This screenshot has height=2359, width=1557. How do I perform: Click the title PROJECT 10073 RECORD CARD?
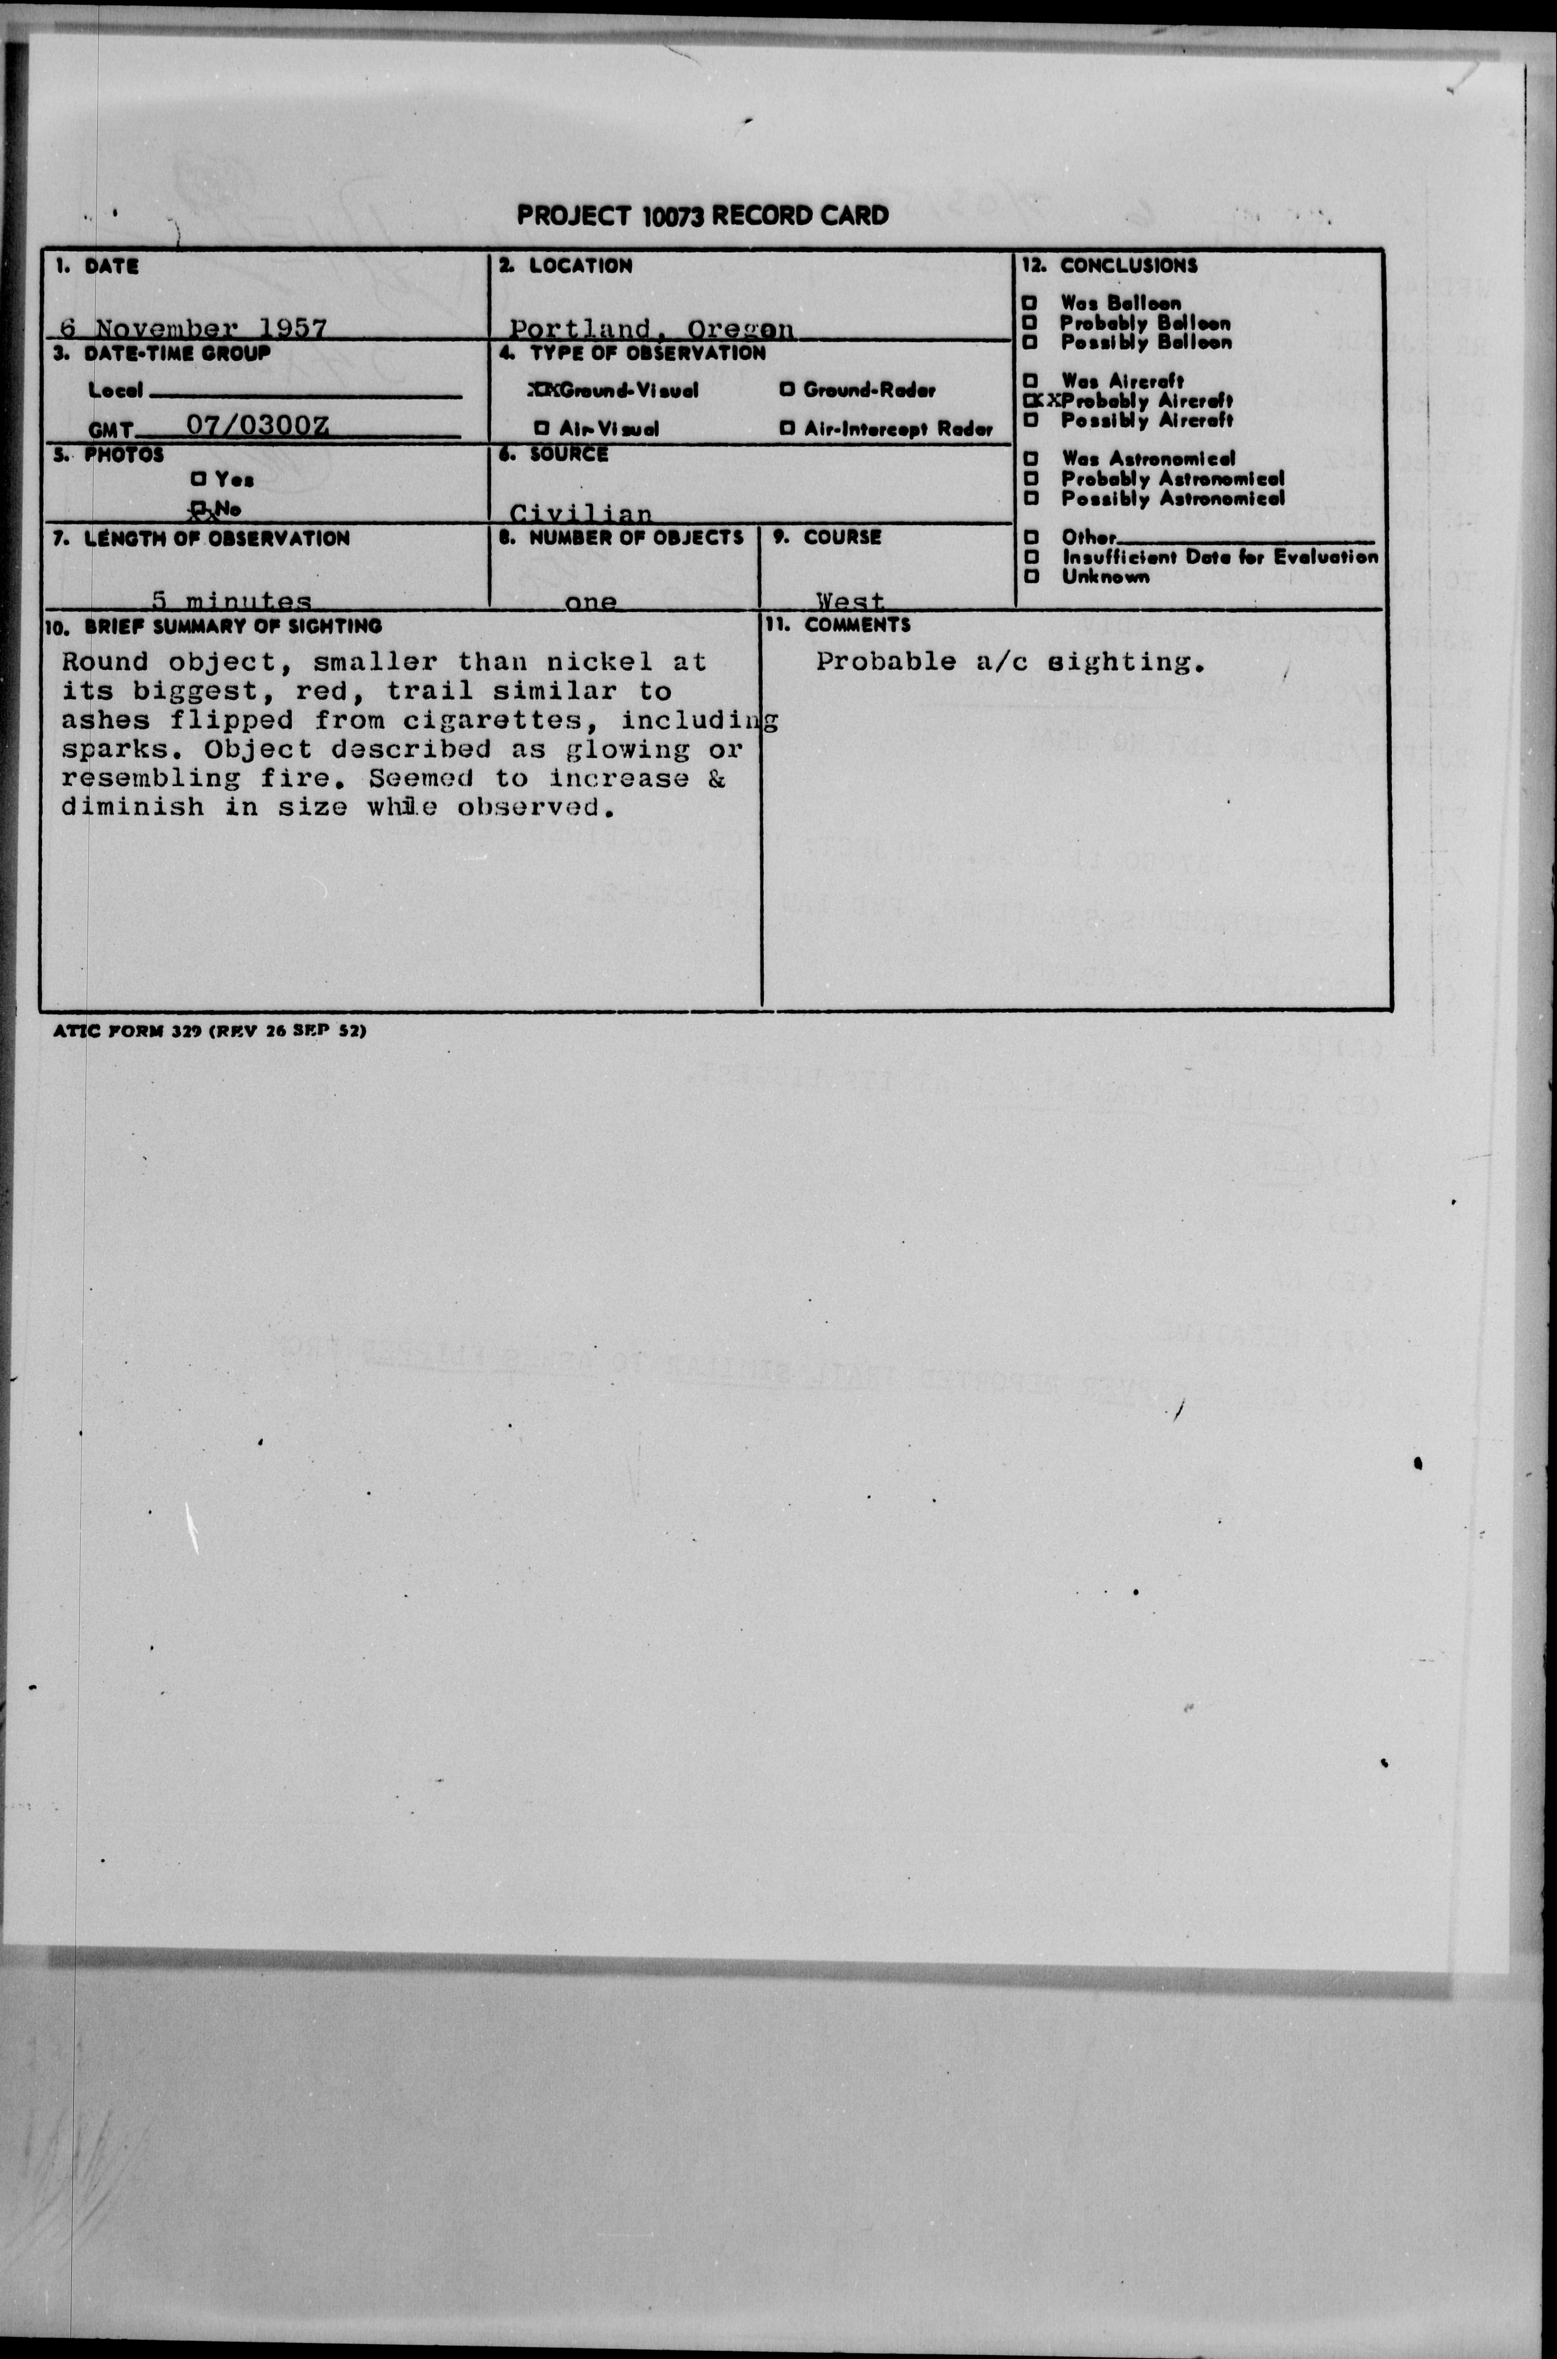pyautogui.click(x=702, y=216)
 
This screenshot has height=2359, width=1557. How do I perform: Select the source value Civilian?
pyautogui.click(x=581, y=513)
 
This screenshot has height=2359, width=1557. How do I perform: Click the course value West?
pyautogui.click(x=850, y=601)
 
